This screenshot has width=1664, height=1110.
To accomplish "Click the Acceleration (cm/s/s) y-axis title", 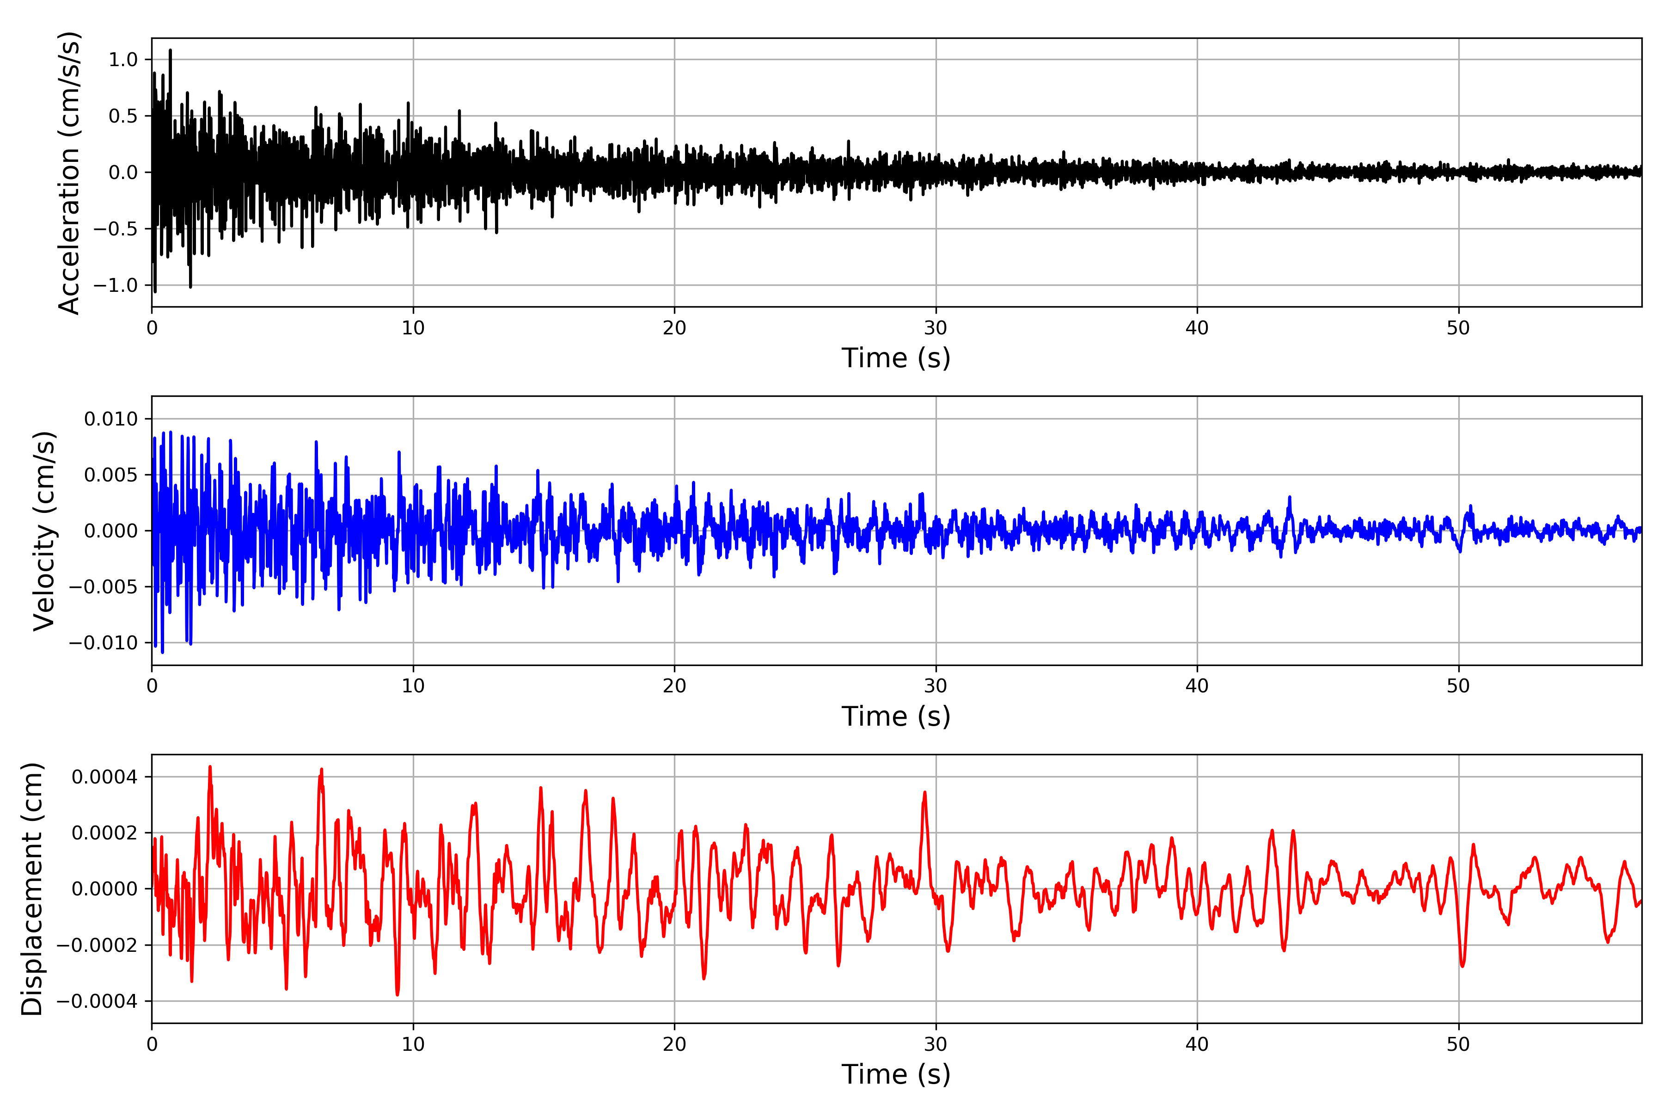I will (68, 173).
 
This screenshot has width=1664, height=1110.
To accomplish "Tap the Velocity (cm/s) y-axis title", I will (44, 531).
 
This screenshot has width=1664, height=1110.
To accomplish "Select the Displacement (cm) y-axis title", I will (32, 889).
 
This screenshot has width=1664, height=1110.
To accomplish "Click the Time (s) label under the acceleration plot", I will (896, 358).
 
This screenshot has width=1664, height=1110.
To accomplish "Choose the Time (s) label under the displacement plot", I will (896, 1074).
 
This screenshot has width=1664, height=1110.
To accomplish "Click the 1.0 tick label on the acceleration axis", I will (123, 60).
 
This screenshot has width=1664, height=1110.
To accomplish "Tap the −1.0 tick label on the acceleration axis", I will (115, 285).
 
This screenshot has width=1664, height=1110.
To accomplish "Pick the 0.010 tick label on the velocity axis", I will (111, 419).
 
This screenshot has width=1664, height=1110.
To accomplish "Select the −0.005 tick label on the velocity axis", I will (103, 587).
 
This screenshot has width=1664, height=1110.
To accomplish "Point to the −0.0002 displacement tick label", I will (97, 945).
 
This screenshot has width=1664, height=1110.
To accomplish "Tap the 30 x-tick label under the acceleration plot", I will (935, 328).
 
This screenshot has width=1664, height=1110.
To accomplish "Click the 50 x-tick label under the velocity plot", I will (1458, 686).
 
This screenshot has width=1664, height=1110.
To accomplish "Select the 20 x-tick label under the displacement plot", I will (674, 1044).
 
